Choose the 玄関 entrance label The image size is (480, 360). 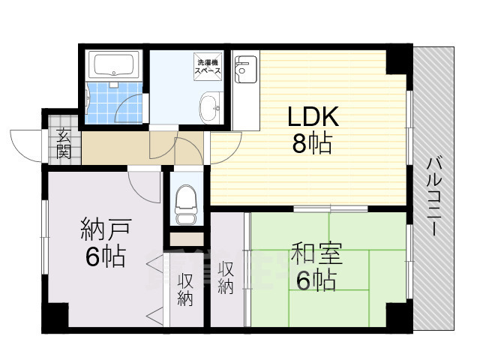[x=63, y=143]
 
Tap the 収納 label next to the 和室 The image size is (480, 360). [x=226, y=277]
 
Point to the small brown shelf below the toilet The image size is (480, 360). [x=184, y=240]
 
